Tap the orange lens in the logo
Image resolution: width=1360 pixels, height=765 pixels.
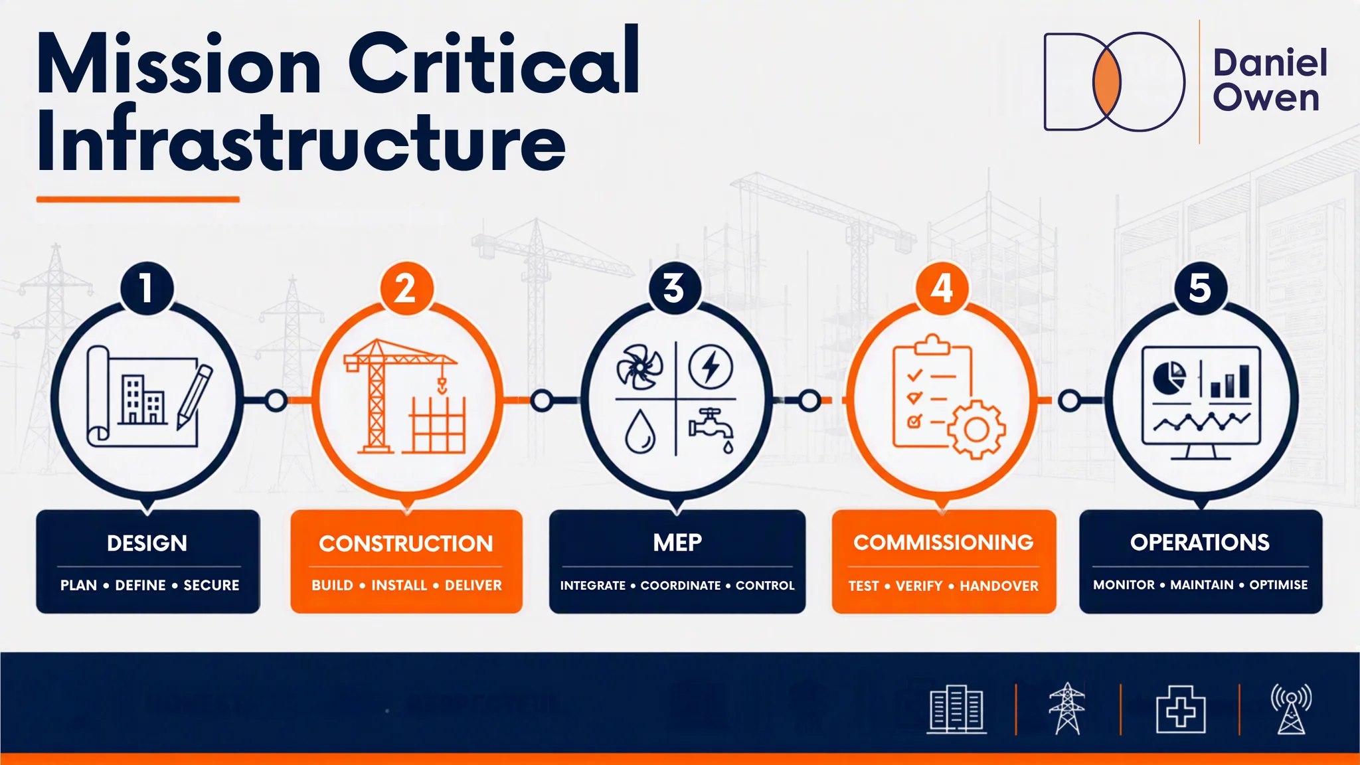pos(1107,82)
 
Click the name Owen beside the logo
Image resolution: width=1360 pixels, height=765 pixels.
pos(1266,98)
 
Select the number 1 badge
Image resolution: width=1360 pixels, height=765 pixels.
pos(147,288)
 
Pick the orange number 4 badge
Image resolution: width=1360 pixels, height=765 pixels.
pos(942,288)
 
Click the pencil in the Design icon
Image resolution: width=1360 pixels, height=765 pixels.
pos(195,396)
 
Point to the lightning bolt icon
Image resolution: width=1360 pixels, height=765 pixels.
pos(711,367)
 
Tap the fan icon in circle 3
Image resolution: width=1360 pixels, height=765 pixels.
pos(639,367)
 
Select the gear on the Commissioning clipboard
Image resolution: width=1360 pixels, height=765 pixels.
pos(976,430)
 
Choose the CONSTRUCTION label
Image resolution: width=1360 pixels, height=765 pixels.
pos(406,544)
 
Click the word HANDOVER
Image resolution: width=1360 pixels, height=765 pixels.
pos(999,586)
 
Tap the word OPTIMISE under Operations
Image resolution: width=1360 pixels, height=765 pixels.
pos(1278,585)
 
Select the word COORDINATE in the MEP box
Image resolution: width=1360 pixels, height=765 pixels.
pos(681,586)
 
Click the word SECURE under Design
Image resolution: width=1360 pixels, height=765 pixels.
pos(211,585)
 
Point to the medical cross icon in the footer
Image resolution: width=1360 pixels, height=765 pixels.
pos(1181,710)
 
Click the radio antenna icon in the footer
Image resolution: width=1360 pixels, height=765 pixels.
pos(1291,709)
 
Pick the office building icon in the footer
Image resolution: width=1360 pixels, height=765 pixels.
pos(956,709)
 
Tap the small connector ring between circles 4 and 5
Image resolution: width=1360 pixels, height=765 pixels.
pos(1069,401)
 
